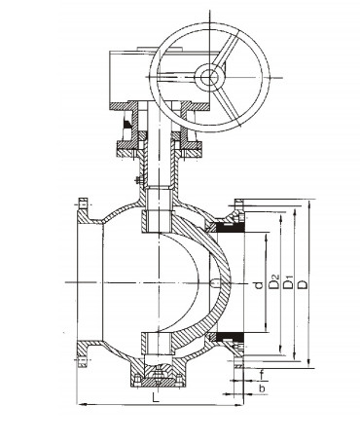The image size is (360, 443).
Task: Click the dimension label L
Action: (x=156, y=397)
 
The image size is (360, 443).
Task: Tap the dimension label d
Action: (x=259, y=285)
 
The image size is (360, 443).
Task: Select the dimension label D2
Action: (x=274, y=281)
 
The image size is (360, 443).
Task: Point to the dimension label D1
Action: (x=288, y=282)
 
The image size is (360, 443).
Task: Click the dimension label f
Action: (x=262, y=375)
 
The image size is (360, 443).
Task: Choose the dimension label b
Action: (x=262, y=388)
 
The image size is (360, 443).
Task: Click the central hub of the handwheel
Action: (x=209, y=77)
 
